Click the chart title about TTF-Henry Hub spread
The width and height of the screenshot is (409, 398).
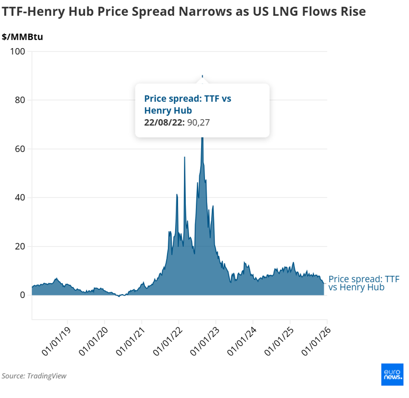183,12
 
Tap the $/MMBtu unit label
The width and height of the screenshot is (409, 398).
23,37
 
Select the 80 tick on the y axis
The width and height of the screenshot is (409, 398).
20,100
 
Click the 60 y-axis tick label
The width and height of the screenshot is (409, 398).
20,149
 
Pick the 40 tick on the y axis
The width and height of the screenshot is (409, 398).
20,198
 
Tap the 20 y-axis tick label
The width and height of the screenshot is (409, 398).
20,247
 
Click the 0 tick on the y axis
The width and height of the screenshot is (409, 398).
23,295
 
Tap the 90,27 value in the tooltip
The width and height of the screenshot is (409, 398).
199,123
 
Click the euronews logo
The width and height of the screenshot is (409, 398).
393,374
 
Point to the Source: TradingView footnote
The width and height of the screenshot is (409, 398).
34,376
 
